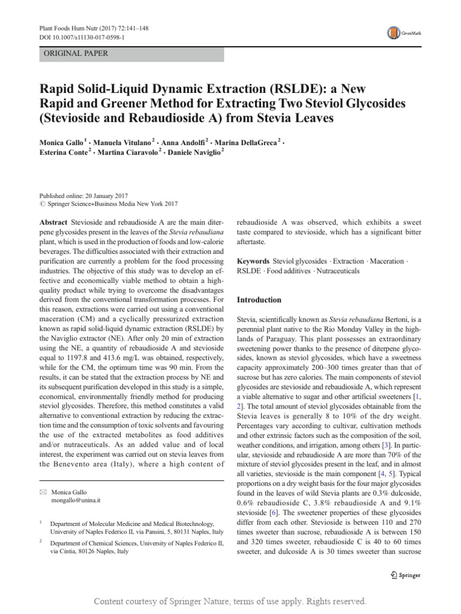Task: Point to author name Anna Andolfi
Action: click(x=181, y=142)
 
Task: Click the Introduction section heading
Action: click(x=259, y=300)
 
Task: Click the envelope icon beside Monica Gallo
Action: click(x=42, y=491)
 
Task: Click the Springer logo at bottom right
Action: click(x=405, y=575)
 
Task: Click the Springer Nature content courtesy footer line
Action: click(x=230, y=601)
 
